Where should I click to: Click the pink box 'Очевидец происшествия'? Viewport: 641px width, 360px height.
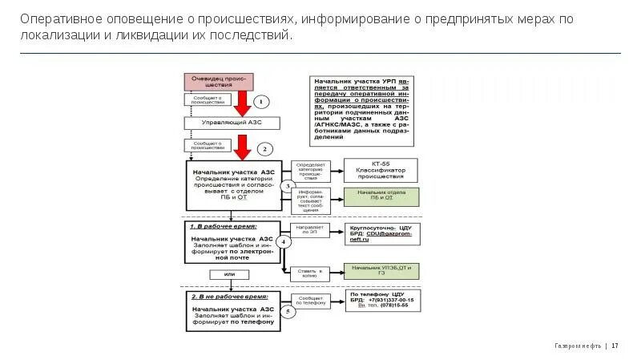[x=219, y=81]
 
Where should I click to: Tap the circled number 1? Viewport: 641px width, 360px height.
[x=262, y=102]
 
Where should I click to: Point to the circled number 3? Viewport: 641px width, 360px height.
[x=288, y=185]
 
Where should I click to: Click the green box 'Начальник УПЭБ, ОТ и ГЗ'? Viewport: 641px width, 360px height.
[x=377, y=269]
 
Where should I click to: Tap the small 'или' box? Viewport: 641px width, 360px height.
[x=230, y=275]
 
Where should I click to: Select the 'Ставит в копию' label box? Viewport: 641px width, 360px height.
[x=310, y=273]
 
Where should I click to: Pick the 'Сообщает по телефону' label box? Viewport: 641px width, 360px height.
[x=311, y=301]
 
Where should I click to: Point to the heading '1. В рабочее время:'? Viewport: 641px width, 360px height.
[x=224, y=226]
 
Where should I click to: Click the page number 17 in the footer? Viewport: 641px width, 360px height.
[x=615, y=346]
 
